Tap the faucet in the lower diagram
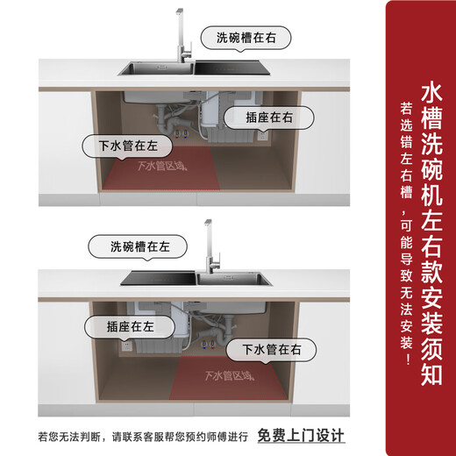pyautogui.click(x=207, y=241)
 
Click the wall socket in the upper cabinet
pyautogui.click(x=260, y=136)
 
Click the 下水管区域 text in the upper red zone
pyautogui.click(x=162, y=167)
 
